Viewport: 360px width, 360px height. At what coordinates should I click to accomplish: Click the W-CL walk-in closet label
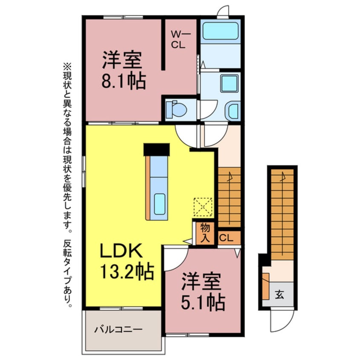(x=178, y=40)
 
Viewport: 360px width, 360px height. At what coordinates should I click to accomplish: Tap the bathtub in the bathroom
(x=220, y=31)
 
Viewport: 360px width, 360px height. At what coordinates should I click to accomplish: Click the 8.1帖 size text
(x=123, y=81)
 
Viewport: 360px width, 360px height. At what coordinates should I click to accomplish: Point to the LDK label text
(x=121, y=251)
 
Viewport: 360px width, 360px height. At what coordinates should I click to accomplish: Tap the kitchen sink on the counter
(x=160, y=203)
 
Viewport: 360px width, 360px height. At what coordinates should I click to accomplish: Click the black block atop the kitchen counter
(x=156, y=149)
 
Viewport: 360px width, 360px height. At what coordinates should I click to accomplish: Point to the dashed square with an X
(x=203, y=208)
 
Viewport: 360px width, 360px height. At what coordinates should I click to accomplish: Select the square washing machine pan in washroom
(x=229, y=83)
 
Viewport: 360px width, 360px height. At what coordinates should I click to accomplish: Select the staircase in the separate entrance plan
(x=282, y=213)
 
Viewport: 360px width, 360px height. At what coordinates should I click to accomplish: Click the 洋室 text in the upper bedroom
(x=121, y=60)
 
